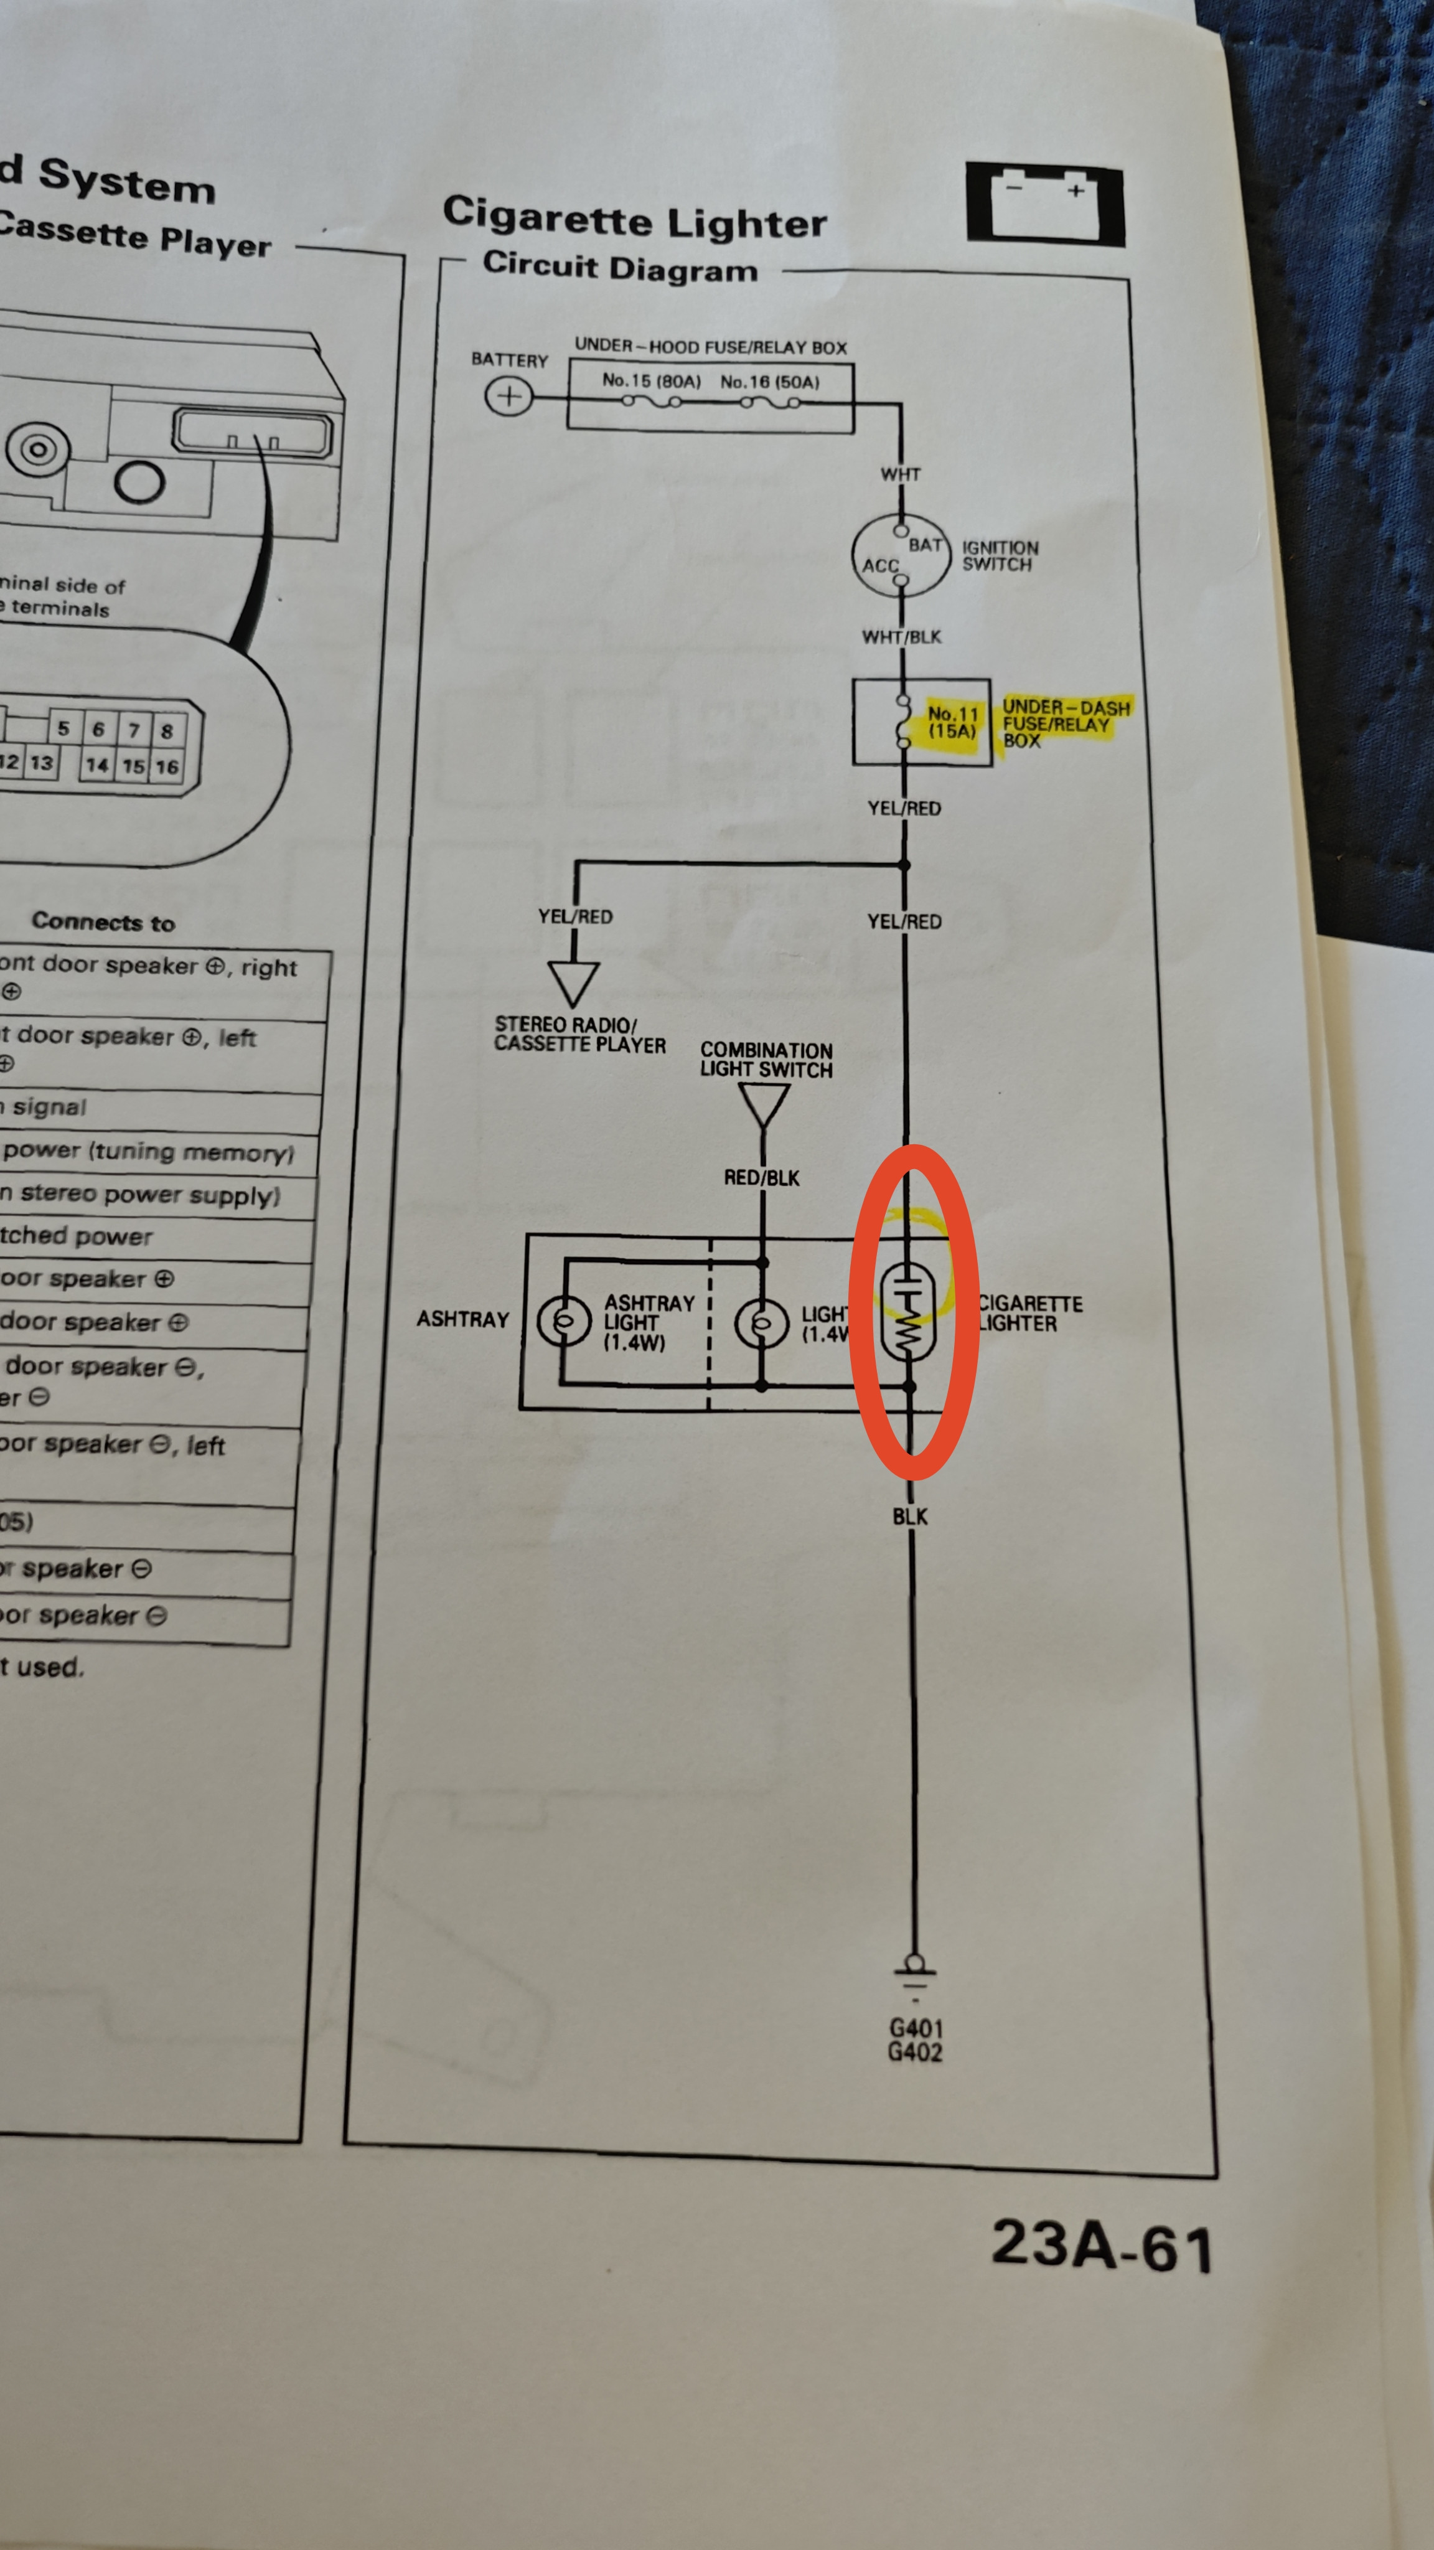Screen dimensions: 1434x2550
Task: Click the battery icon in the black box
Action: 1044,204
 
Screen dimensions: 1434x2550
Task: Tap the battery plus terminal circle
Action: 508,397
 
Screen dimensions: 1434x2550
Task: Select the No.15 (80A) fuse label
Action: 651,380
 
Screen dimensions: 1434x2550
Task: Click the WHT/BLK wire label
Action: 902,636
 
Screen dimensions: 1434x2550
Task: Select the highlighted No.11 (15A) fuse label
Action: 952,722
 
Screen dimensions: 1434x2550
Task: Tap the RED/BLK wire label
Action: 761,1178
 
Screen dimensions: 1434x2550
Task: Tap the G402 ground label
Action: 914,2052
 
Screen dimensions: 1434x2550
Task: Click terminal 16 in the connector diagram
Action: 166,766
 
